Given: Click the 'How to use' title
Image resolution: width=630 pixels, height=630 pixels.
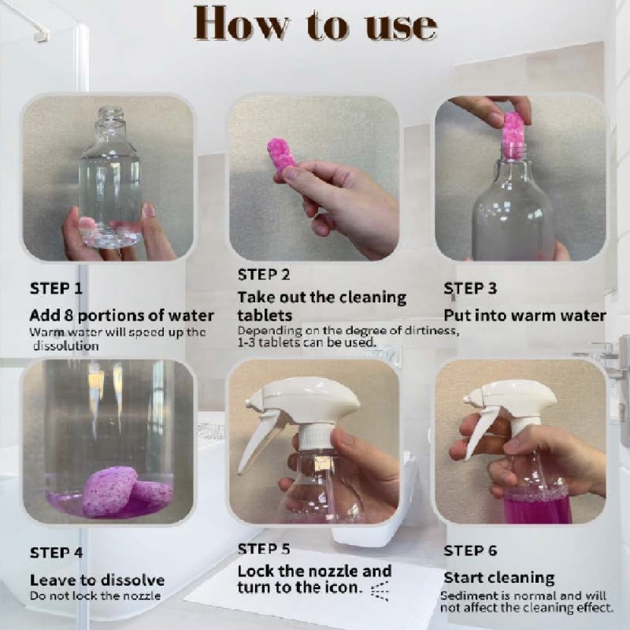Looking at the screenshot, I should tap(315, 24).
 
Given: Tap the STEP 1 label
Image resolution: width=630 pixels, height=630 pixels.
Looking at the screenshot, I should tap(56, 288).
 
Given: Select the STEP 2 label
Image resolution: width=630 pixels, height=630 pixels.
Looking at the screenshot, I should tap(264, 275).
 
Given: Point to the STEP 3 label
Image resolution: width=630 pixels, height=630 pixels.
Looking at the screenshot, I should tap(470, 288).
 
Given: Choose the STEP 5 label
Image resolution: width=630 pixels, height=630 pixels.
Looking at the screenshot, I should tap(264, 549).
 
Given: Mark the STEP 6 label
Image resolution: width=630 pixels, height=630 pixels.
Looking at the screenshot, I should tap(470, 550).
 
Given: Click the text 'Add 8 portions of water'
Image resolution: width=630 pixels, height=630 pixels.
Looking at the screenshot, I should tap(121, 316).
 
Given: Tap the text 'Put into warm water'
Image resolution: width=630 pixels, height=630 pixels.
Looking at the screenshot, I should tap(524, 316).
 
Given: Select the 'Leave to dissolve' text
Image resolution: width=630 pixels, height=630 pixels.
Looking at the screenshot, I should tap(97, 580).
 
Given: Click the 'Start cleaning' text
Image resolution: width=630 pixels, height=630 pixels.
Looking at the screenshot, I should tap(498, 578).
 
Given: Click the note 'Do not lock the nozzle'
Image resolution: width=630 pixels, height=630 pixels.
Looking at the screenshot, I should tap(95, 596).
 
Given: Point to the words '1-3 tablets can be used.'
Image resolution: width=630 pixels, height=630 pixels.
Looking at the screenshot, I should tap(307, 343).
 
